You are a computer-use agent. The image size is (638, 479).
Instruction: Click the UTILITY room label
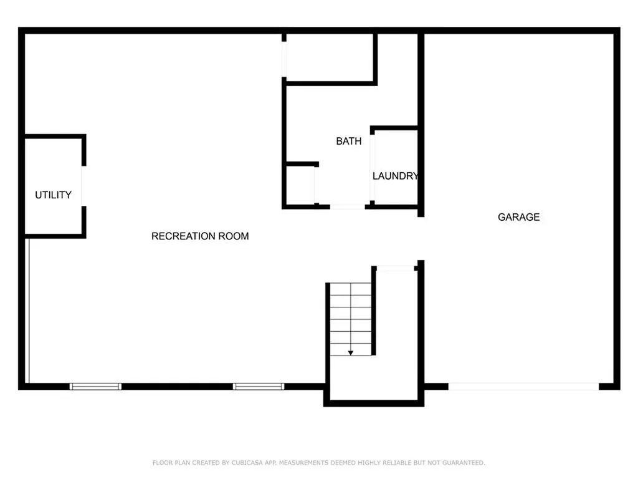tap(53, 195)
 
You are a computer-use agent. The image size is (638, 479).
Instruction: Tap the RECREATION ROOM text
tap(200, 236)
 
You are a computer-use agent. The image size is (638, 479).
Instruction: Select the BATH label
tap(348, 142)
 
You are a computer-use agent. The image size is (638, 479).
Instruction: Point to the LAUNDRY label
tap(395, 177)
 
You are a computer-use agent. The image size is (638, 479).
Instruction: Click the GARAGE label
tap(518, 218)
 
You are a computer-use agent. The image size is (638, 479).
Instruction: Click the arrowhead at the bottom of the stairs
tap(351, 353)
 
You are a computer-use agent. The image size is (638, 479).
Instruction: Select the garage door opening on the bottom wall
tap(523, 387)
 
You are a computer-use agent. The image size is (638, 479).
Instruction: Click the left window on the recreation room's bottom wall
tap(95, 387)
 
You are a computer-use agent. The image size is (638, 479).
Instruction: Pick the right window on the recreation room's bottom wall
tap(258, 387)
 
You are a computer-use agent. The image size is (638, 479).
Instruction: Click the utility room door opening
tap(83, 186)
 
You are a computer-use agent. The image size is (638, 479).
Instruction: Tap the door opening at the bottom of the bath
tap(347, 206)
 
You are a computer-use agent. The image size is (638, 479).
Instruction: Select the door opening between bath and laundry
tap(373, 167)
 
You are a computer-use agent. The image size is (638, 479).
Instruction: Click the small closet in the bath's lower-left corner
tap(300, 185)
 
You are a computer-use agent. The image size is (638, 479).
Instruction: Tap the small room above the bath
tap(330, 57)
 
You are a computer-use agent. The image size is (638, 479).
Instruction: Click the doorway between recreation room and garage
tap(421, 239)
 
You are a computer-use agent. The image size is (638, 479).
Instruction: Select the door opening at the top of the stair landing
tap(396, 268)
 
